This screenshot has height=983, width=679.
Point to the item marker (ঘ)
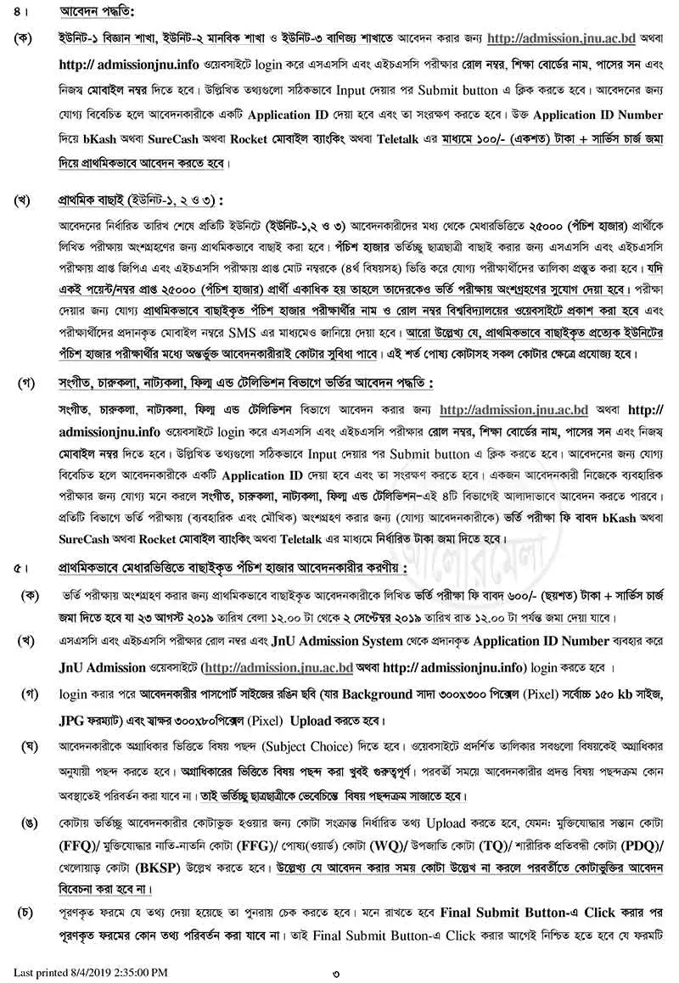(32, 747)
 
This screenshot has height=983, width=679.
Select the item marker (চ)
(32, 914)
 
